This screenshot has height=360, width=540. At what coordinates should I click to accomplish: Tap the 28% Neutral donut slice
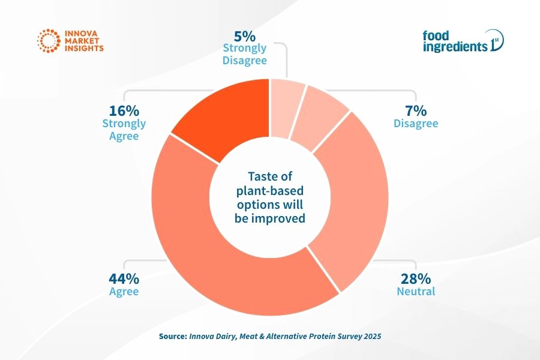(x=351, y=198)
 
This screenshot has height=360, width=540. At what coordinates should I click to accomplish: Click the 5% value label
(x=244, y=35)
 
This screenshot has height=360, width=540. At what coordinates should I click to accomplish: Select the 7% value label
(x=416, y=110)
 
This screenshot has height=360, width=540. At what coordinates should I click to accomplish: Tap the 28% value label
(x=415, y=278)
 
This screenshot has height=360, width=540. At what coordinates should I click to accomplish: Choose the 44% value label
(x=124, y=278)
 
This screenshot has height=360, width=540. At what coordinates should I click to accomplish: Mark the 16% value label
(x=124, y=110)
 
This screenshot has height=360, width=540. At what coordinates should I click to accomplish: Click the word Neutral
(x=416, y=292)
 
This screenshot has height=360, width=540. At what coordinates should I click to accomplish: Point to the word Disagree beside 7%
(x=416, y=124)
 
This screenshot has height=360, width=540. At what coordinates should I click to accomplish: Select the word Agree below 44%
(x=124, y=292)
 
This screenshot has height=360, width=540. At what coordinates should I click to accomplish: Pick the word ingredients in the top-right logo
(x=455, y=47)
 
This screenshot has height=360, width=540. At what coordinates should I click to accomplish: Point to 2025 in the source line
(x=370, y=337)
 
